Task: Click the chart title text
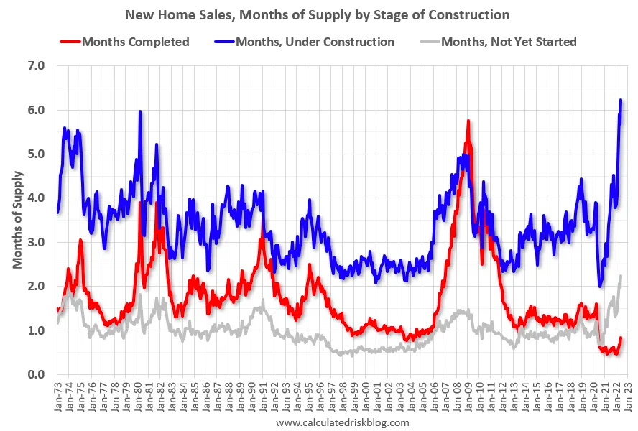pyautogui.click(x=318, y=14)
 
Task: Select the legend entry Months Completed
pyautogui.click(x=135, y=42)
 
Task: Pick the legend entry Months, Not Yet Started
pyautogui.click(x=509, y=42)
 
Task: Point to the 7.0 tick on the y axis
pyautogui.click(x=36, y=66)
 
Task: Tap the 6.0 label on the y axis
pyautogui.click(x=36, y=110)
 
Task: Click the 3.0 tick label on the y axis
pyautogui.click(x=36, y=242)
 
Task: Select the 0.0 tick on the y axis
pyautogui.click(x=36, y=374)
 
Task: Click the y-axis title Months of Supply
pyautogui.click(x=17, y=220)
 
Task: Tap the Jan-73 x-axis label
pyautogui.click(x=57, y=394)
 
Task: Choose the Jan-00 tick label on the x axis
pyautogui.click(x=368, y=394)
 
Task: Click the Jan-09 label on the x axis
pyautogui.click(x=471, y=394)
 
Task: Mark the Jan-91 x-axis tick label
pyautogui.click(x=264, y=394)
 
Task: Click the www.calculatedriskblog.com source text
pyautogui.click(x=342, y=422)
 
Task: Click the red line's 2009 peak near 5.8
pyautogui.click(x=468, y=121)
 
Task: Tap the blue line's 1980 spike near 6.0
pyautogui.click(x=139, y=111)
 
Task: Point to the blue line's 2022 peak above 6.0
pyautogui.click(x=621, y=100)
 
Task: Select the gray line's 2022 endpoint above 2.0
pyautogui.click(x=621, y=276)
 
